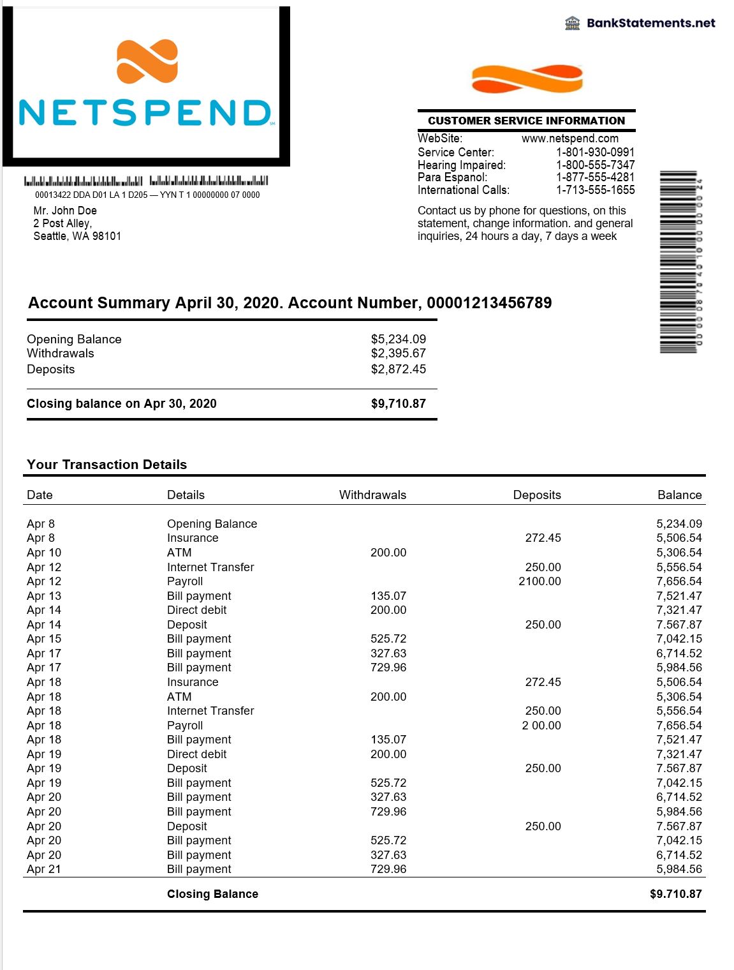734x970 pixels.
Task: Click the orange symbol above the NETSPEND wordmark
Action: click(x=147, y=62)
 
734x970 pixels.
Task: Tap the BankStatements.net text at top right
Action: click(x=650, y=23)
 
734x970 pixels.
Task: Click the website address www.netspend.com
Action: click(x=569, y=138)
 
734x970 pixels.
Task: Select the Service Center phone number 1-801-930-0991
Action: click(x=595, y=152)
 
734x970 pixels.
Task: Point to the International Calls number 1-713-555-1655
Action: click(x=595, y=190)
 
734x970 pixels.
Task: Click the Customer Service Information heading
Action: click(x=526, y=121)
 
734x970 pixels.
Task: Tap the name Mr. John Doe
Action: click(x=65, y=211)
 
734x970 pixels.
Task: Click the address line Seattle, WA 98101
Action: click(x=77, y=236)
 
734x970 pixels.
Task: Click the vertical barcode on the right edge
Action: click(x=679, y=262)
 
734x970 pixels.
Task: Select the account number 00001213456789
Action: click(x=489, y=303)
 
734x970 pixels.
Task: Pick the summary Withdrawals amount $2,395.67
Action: click(x=398, y=354)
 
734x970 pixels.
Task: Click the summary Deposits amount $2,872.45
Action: click(x=398, y=369)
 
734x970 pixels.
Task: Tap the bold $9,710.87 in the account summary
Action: click(x=398, y=404)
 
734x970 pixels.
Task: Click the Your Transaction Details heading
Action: click(x=106, y=465)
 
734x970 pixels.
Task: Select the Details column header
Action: click(x=186, y=495)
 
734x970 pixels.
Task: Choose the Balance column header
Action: click(x=679, y=495)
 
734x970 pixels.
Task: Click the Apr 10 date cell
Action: click(x=44, y=553)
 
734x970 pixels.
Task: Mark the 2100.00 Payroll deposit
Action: click(x=539, y=581)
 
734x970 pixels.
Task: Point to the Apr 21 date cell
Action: click(x=44, y=869)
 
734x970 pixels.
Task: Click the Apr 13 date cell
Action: click(x=44, y=596)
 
